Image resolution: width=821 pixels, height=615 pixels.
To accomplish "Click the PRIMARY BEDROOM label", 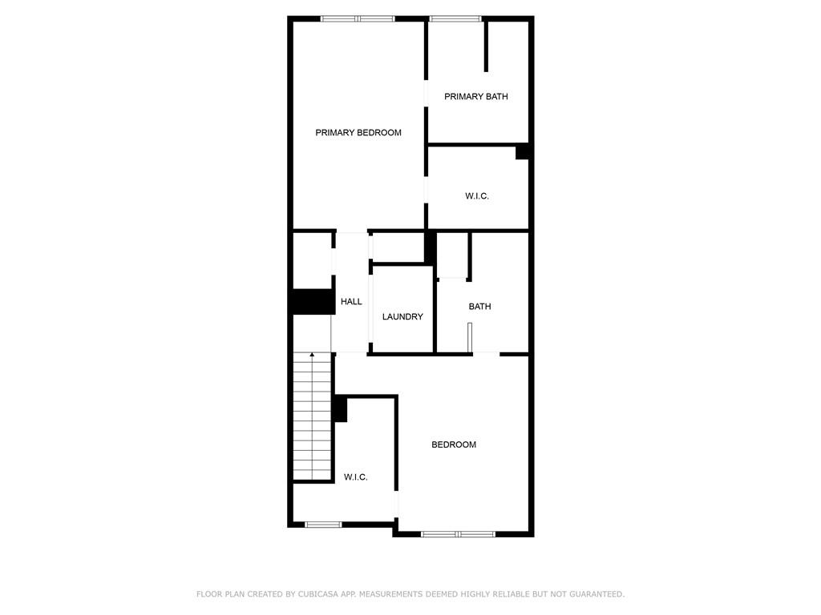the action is (x=358, y=133).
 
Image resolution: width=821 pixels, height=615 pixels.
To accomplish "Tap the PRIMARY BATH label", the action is (x=476, y=96).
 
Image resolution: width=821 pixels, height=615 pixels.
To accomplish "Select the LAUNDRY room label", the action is (x=402, y=316).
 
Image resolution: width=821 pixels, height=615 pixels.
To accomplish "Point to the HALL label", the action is (x=351, y=301).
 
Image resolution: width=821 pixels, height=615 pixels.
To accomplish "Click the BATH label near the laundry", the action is (x=479, y=307).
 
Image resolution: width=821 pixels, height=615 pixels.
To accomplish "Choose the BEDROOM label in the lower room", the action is (x=454, y=444).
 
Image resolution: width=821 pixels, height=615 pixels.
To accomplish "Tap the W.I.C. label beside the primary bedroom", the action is (x=477, y=196).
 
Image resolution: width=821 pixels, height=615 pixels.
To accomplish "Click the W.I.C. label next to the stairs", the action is (x=355, y=477).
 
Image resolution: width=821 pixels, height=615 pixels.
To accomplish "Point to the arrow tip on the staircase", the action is (x=312, y=354).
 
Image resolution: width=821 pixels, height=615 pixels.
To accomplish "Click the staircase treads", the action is (x=312, y=416).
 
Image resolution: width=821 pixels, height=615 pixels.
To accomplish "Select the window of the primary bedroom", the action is (x=358, y=19).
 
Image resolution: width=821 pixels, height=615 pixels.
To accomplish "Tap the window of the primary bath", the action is (x=455, y=19).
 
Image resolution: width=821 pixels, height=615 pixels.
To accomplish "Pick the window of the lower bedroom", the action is (x=458, y=534).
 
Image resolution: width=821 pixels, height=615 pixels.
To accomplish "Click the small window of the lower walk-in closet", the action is (x=323, y=525).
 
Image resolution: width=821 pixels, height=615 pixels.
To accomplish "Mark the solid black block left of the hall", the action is (x=313, y=302).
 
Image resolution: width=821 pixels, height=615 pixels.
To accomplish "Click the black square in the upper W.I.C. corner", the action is (x=522, y=151).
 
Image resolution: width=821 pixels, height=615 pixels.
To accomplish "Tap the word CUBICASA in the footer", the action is (x=318, y=594).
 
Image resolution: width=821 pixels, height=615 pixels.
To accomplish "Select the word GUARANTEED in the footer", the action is (x=597, y=594).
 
